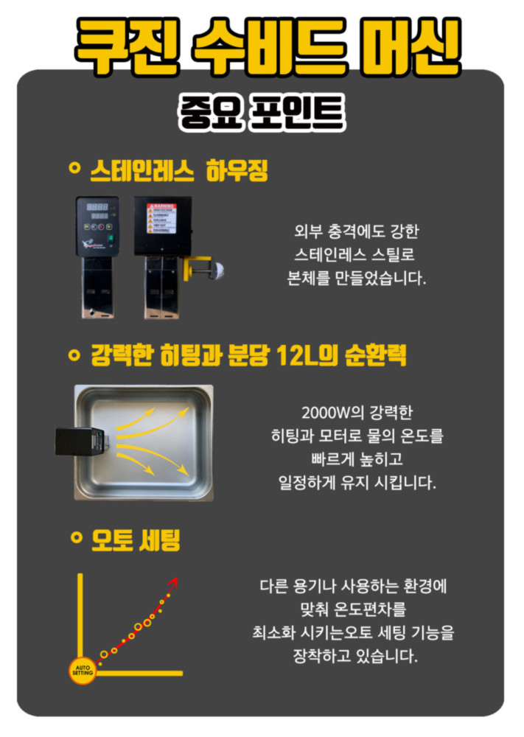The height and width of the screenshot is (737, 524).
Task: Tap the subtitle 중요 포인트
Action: coord(262,112)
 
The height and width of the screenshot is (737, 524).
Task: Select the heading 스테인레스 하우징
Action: coord(178,171)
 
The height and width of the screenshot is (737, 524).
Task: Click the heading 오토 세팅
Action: coord(135,540)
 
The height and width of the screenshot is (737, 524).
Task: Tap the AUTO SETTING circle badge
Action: coord(83,670)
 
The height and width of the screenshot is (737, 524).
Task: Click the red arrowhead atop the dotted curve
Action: coord(174,583)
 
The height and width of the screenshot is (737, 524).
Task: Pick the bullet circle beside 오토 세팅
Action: coord(74,538)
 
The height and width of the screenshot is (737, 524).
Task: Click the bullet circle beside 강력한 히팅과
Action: coord(73,355)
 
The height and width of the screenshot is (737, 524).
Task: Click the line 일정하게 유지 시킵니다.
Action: coord(353,483)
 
